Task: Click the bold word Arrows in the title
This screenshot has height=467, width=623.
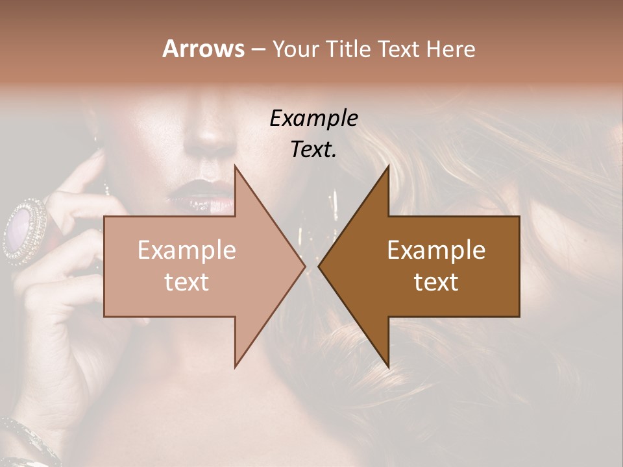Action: point(202,49)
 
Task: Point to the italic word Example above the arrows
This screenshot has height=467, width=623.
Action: point(313,119)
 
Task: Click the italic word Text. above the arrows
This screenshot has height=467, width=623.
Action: point(313,150)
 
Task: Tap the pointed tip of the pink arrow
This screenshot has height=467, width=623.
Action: point(303,266)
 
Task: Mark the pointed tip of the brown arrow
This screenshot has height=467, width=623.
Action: point(320,266)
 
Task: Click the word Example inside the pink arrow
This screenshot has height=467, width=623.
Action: point(187,250)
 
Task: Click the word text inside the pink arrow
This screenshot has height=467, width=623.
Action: point(187,282)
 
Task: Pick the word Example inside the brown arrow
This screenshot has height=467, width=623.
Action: point(436,250)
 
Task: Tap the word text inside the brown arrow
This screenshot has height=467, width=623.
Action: point(436,282)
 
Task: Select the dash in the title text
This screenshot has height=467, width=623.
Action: point(258,50)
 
